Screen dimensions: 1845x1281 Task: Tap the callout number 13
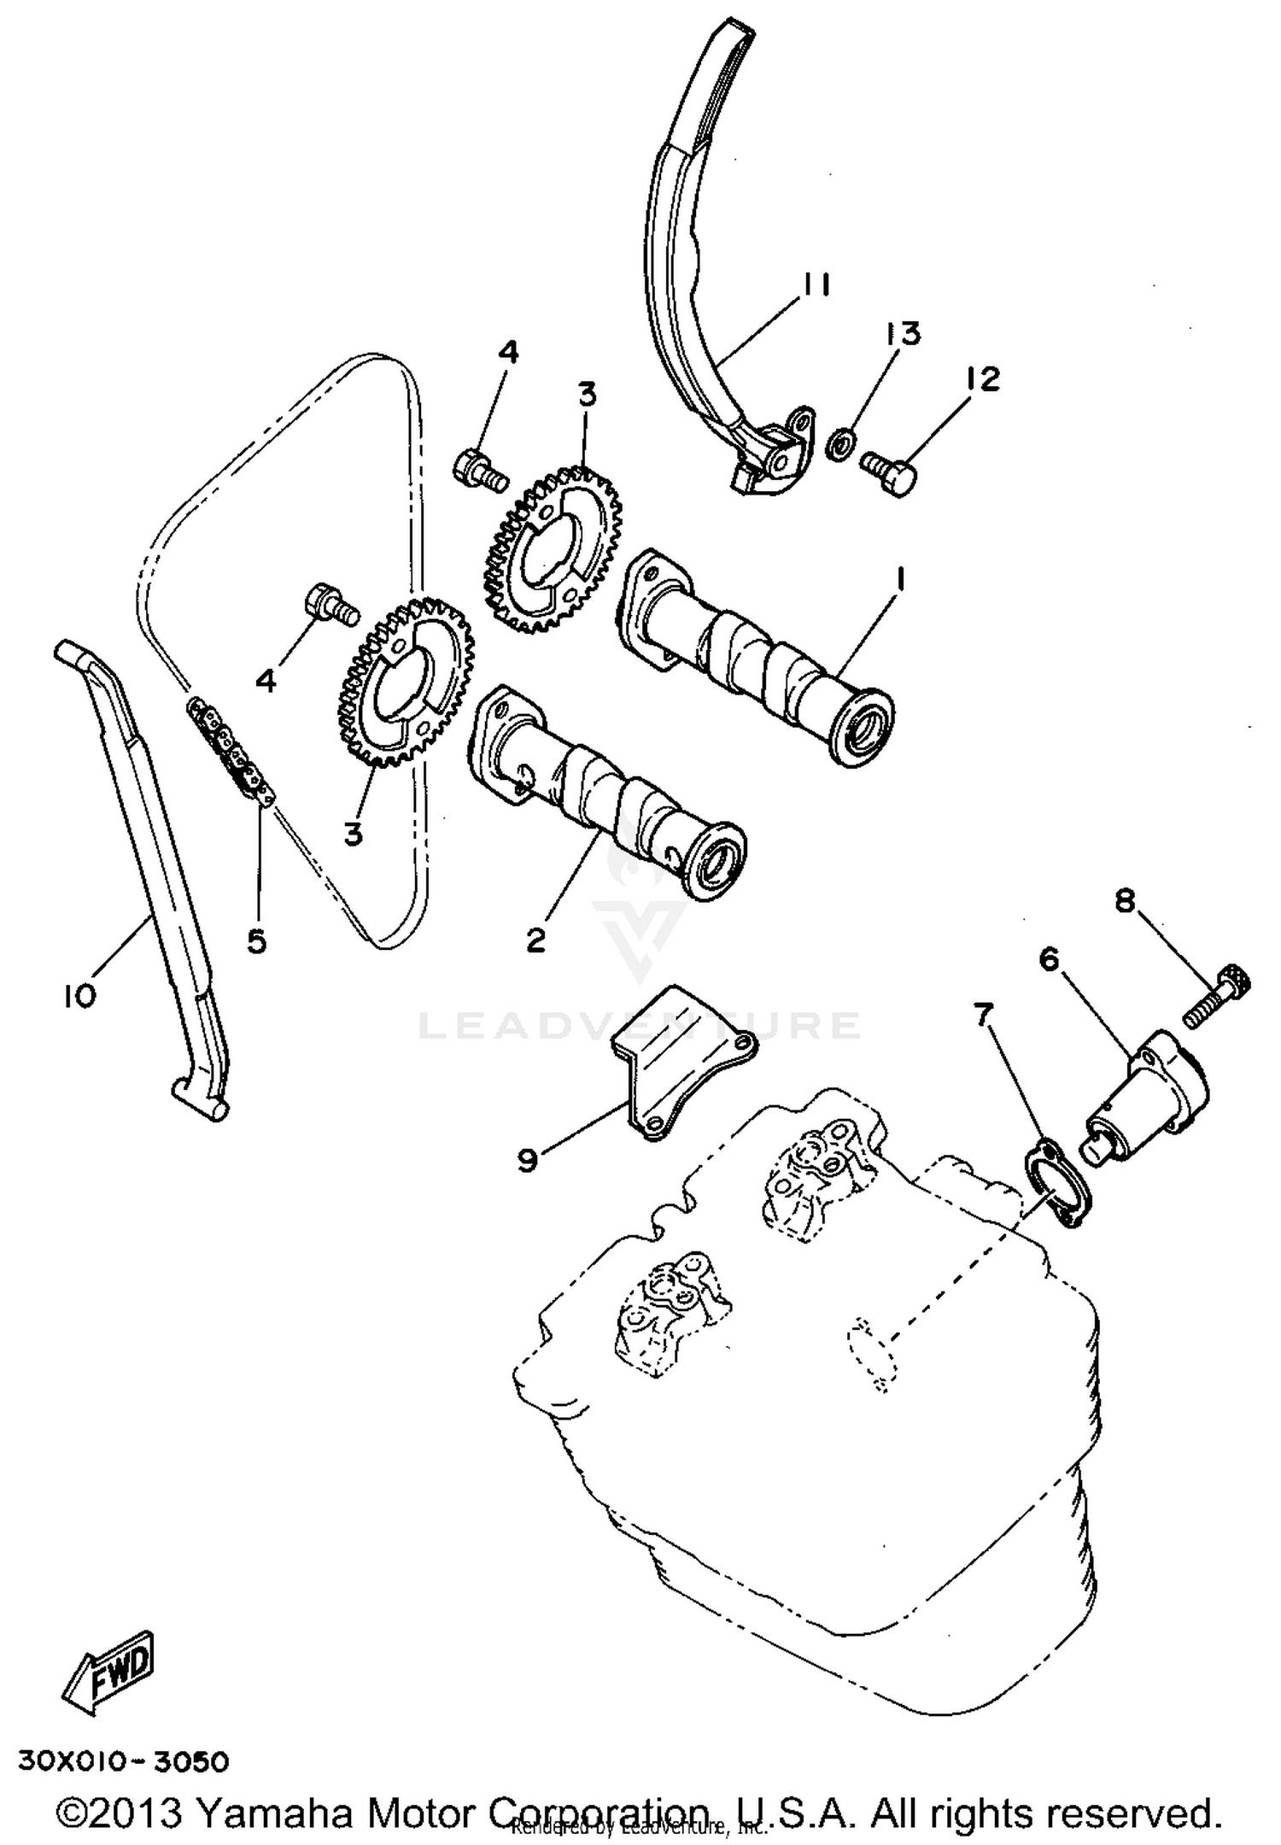[x=904, y=333]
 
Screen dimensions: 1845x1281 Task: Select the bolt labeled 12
[x=889, y=471]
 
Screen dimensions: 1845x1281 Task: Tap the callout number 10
[x=79, y=995]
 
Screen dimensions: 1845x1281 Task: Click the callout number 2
[x=535, y=940]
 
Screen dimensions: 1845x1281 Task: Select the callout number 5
[x=257, y=940]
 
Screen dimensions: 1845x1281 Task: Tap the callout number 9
[x=528, y=1160]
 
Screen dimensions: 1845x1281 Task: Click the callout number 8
[x=1125, y=899]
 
